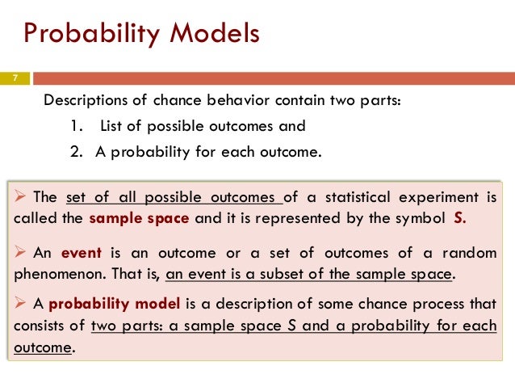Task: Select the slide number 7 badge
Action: tap(14, 78)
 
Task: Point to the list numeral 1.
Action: tap(75, 126)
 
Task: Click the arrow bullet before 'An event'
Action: tap(23, 252)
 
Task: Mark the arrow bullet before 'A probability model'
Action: tap(23, 305)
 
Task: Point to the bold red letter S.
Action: tap(459, 219)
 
